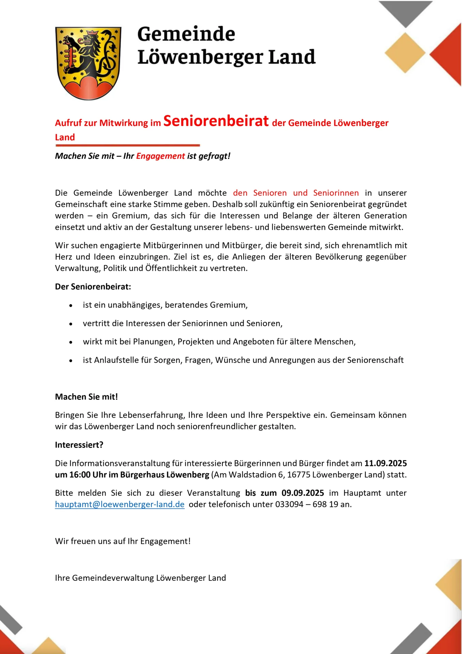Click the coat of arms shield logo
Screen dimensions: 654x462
click(88, 63)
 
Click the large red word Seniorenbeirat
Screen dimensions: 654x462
click(216, 121)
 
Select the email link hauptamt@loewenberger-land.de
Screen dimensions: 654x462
click(120, 504)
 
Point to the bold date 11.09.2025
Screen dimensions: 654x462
click(385, 463)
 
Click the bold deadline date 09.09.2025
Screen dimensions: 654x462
click(303, 493)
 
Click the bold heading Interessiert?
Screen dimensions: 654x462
click(79, 445)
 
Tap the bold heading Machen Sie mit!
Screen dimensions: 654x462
click(86, 397)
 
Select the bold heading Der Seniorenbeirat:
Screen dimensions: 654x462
click(93, 287)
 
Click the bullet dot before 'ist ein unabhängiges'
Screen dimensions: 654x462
click(71, 306)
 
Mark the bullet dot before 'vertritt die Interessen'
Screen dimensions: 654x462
click(71, 324)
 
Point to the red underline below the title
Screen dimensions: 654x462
click(127, 145)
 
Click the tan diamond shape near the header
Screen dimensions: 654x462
click(405, 53)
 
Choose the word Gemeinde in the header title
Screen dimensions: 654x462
click(186, 34)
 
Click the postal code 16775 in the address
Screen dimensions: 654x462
click(298, 475)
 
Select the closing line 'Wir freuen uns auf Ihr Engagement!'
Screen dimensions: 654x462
click(123, 541)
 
